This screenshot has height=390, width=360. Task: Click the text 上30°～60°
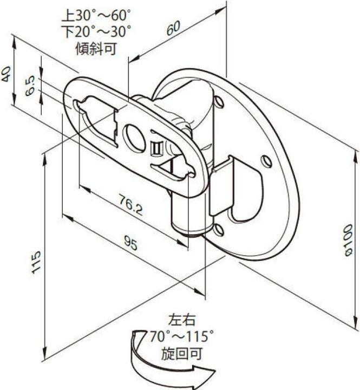tap(99, 12)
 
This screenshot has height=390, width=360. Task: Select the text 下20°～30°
tap(99, 30)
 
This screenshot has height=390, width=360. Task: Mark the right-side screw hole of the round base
tap(265, 161)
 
